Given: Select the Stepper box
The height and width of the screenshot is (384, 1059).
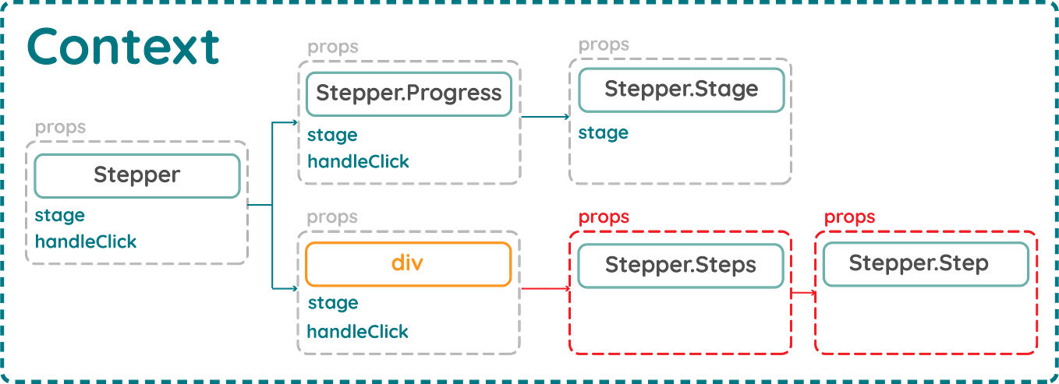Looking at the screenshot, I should click(x=136, y=175).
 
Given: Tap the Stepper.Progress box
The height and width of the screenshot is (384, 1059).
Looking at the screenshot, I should click(x=407, y=93).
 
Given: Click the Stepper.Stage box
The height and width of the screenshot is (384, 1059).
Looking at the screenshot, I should click(x=680, y=90).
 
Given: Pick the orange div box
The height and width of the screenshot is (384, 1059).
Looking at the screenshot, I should click(x=407, y=264).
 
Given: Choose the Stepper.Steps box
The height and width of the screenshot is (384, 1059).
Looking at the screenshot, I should click(x=680, y=265).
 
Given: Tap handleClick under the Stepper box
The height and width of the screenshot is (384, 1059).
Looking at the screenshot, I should click(x=85, y=241).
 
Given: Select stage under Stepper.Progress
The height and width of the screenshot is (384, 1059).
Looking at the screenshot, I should click(x=331, y=135).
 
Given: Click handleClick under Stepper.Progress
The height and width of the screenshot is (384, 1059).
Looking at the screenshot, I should click(x=357, y=161).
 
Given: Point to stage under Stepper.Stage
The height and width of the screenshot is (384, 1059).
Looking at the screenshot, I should click(x=603, y=134).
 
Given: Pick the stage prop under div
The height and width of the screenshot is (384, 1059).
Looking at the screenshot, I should click(x=331, y=303).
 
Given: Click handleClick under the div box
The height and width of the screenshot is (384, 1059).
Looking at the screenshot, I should click(x=357, y=331).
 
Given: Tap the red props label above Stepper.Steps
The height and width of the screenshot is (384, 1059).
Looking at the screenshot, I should click(x=603, y=217).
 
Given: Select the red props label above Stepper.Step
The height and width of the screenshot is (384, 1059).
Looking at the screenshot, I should click(x=850, y=217).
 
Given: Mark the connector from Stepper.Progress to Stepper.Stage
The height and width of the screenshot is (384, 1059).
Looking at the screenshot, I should click(x=544, y=117).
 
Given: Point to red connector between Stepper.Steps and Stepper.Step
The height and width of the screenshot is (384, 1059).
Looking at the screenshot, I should click(x=802, y=294).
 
